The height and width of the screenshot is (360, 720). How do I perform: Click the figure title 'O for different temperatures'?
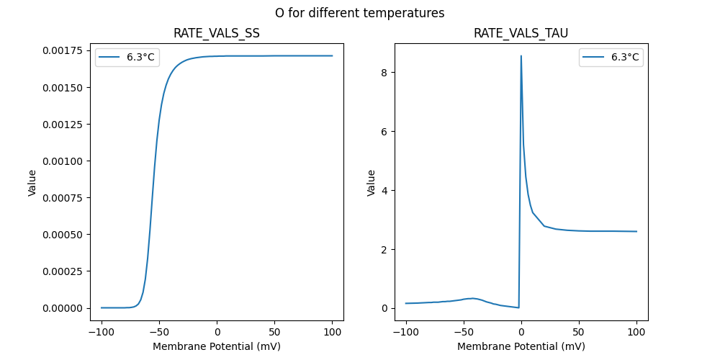tap(359, 13)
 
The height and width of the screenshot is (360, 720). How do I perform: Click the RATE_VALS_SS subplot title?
tap(217, 34)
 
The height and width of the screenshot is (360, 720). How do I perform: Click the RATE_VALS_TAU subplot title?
tap(521, 34)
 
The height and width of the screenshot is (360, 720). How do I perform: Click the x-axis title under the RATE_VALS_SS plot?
tap(217, 346)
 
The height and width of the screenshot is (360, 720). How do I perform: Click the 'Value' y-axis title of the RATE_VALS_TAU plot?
tap(372, 182)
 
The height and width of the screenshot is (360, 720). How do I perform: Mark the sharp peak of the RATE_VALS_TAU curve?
tap(521, 56)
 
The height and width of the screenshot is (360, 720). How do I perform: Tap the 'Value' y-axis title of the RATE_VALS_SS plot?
tap(32, 182)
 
